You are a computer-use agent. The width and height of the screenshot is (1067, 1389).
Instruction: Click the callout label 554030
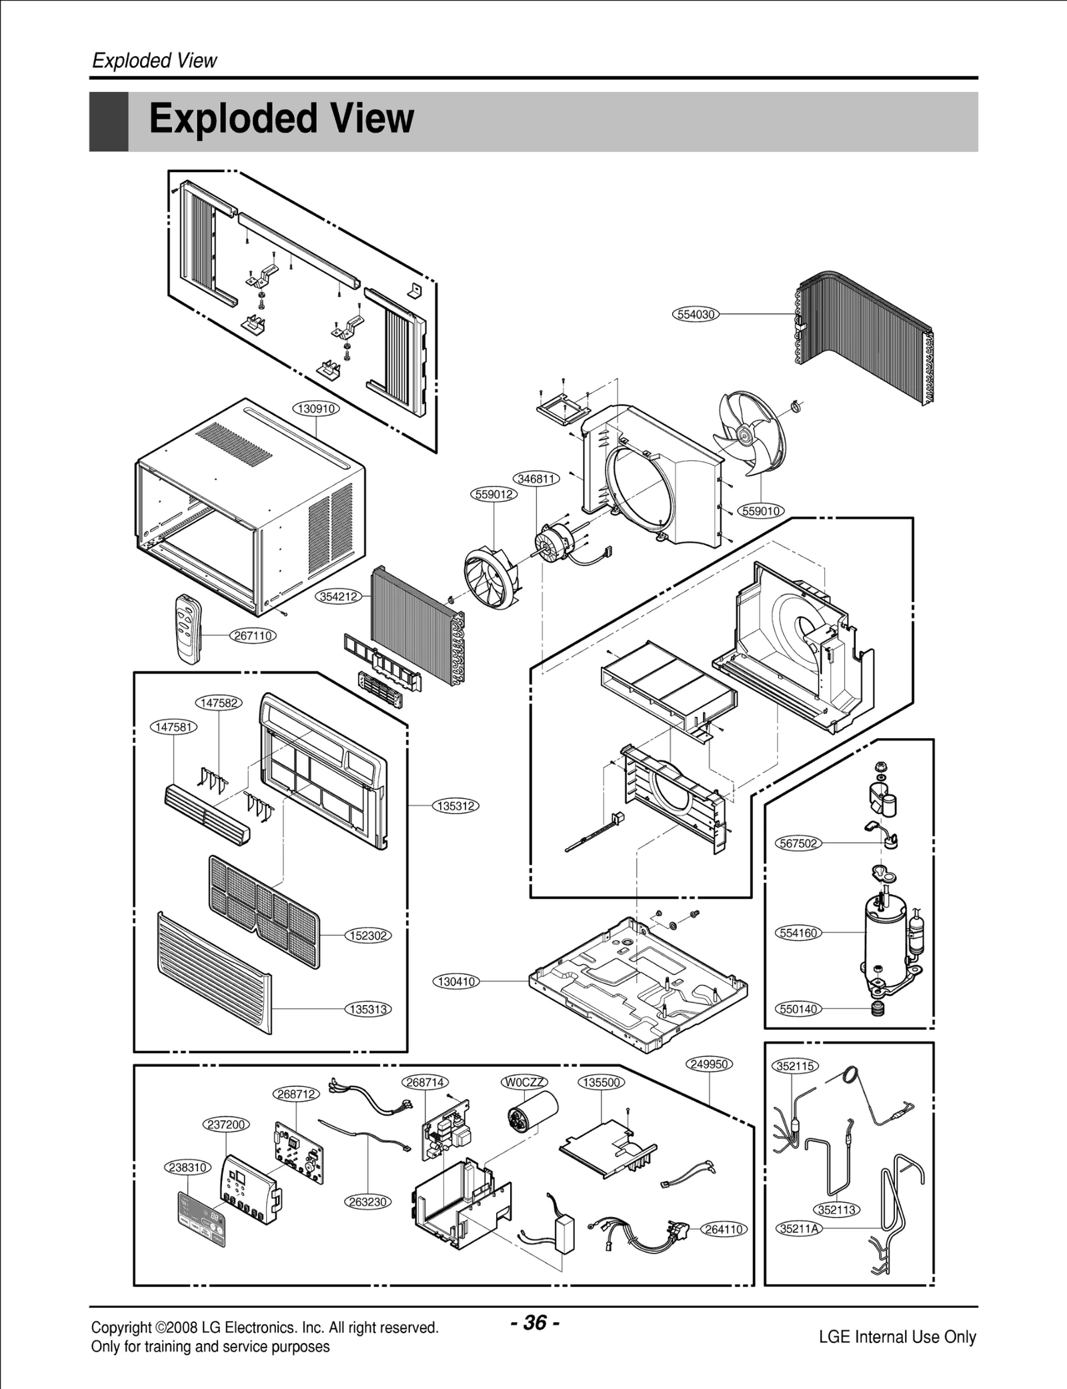tap(696, 315)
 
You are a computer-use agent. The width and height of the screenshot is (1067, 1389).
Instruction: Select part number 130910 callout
tap(316, 409)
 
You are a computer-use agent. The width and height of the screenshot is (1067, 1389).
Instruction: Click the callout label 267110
tap(253, 635)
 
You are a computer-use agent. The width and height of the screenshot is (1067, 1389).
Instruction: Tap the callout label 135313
tap(368, 1009)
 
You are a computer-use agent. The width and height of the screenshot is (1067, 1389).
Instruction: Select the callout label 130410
tap(456, 981)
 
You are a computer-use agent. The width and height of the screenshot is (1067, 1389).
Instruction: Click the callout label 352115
tap(796, 1066)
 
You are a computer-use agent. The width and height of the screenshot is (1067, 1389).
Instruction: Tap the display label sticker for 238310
tap(201, 1220)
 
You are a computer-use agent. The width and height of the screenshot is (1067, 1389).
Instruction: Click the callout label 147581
tap(174, 727)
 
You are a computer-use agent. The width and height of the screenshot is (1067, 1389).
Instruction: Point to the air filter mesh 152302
tap(263, 910)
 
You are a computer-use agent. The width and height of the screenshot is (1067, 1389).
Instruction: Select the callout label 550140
tap(798, 1009)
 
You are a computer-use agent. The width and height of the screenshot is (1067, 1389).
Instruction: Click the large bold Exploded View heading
tap(281, 119)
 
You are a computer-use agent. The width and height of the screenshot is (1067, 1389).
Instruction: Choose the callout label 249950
tap(709, 1064)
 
